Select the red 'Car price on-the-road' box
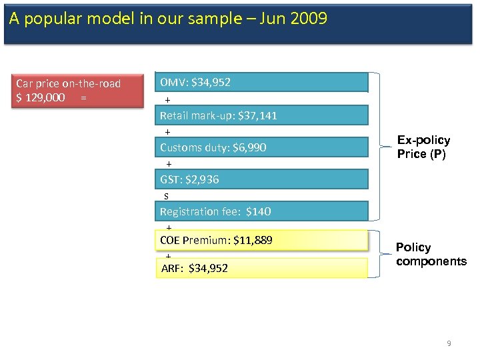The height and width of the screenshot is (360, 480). point(79,90)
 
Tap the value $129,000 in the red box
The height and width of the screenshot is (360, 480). point(41,97)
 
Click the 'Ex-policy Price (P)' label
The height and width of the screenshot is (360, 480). point(423,147)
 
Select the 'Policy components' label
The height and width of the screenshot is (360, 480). point(431,254)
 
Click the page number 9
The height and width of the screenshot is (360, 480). point(449,343)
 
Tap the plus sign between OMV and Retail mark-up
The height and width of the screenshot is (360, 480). point(168,100)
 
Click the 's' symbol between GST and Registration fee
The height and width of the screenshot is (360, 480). point(167,196)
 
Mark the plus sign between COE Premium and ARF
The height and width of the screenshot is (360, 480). point(168,255)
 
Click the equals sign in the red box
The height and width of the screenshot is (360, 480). point(83,97)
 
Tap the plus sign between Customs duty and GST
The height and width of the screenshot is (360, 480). point(169,164)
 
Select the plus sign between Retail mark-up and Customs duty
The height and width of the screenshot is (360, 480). point(167,132)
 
